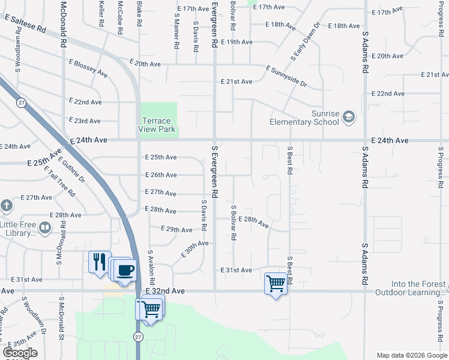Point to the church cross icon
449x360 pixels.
[7, 206]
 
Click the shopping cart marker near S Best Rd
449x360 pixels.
[276, 283]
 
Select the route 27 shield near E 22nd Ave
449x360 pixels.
[21, 103]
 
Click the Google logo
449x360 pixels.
[20, 353]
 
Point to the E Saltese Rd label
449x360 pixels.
[25, 24]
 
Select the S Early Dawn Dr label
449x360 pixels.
[306, 43]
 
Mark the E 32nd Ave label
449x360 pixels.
[166, 290]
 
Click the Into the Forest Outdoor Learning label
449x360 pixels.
[412, 289]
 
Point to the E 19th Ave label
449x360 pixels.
[237, 42]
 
